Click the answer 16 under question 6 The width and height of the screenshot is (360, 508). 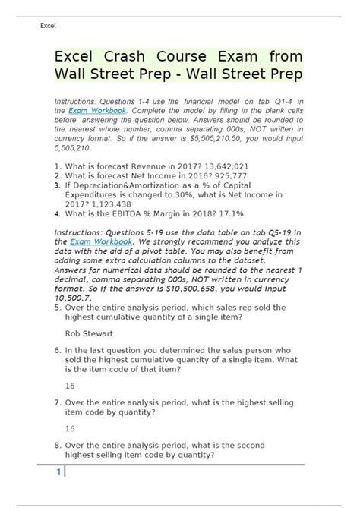pyautogui.click(x=71, y=385)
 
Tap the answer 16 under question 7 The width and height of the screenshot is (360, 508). pyautogui.click(x=71, y=428)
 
